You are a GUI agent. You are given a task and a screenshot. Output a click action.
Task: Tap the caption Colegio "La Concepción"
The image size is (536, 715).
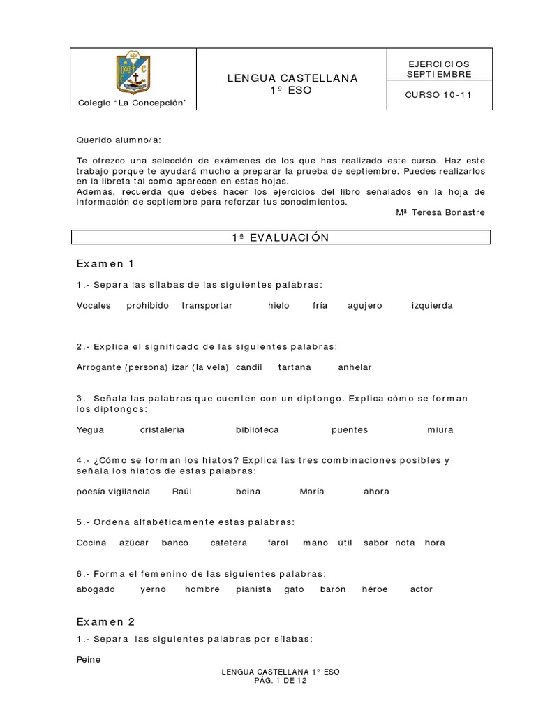(133, 103)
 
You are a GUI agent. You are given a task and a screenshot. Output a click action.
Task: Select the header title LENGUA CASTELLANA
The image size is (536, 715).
(292, 78)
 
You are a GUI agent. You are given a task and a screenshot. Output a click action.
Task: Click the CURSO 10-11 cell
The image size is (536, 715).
(438, 96)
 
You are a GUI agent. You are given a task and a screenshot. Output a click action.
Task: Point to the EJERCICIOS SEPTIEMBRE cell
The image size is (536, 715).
(439, 68)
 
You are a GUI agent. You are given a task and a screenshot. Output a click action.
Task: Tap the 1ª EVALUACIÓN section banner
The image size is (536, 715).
(281, 237)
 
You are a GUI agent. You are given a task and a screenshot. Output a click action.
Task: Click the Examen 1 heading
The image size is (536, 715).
(105, 263)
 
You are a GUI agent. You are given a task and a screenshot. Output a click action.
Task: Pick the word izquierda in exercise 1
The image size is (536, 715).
(432, 305)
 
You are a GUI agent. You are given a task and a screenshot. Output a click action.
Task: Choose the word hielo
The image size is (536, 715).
(278, 305)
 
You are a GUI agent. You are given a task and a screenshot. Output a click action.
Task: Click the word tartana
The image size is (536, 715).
(295, 367)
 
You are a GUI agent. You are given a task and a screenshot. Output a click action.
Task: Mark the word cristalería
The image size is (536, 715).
(162, 429)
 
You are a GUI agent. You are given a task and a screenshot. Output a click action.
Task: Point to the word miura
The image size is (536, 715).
(440, 429)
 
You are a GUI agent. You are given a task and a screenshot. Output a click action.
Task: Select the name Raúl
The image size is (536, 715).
(181, 492)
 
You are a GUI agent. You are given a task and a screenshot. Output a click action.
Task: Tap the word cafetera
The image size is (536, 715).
(228, 543)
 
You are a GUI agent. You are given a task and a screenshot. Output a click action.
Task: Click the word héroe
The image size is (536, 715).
(374, 589)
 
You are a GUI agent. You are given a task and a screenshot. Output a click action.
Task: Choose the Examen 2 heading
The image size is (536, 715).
(105, 621)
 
